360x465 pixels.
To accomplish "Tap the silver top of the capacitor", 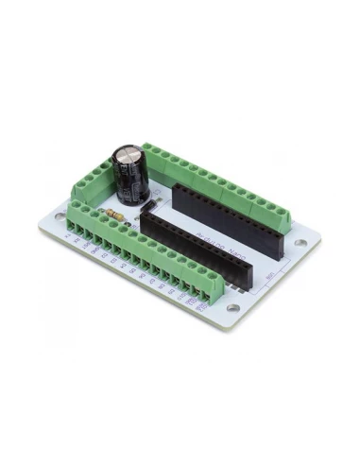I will point(129,152).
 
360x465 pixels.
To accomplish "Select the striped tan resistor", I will point(116,214).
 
